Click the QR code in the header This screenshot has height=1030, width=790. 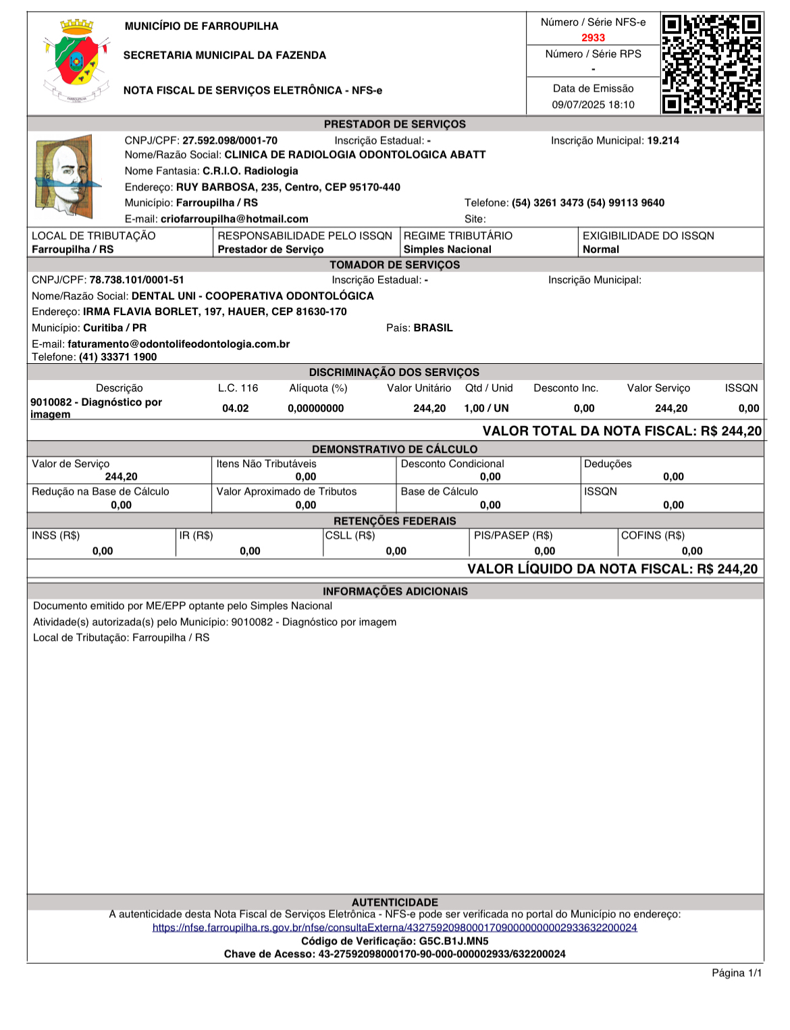(x=712, y=64)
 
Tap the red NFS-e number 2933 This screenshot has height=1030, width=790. (x=593, y=38)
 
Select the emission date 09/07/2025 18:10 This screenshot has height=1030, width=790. (x=593, y=105)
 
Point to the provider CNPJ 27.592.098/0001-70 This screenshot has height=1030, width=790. (x=230, y=140)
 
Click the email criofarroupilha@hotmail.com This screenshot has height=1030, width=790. (x=234, y=219)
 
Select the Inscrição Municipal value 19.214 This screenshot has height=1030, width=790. (x=663, y=140)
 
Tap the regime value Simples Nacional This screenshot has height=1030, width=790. (x=447, y=249)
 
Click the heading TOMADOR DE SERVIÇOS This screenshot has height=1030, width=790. (x=395, y=265)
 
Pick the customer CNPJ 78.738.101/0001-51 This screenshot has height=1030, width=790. (x=136, y=279)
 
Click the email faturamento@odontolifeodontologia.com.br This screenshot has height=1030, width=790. (x=178, y=344)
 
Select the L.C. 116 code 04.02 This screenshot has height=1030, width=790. (x=235, y=408)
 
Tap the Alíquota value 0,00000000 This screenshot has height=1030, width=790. (x=315, y=408)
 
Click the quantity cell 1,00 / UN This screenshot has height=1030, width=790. (x=486, y=408)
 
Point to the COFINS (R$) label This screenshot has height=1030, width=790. (x=652, y=535)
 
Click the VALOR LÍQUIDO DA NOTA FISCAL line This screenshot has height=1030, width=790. (x=612, y=569)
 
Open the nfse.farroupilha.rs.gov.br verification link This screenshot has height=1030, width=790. (x=394, y=927)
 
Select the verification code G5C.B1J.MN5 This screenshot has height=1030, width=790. (x=453, y=941)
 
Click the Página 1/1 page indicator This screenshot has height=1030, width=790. (x=736, y=973)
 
